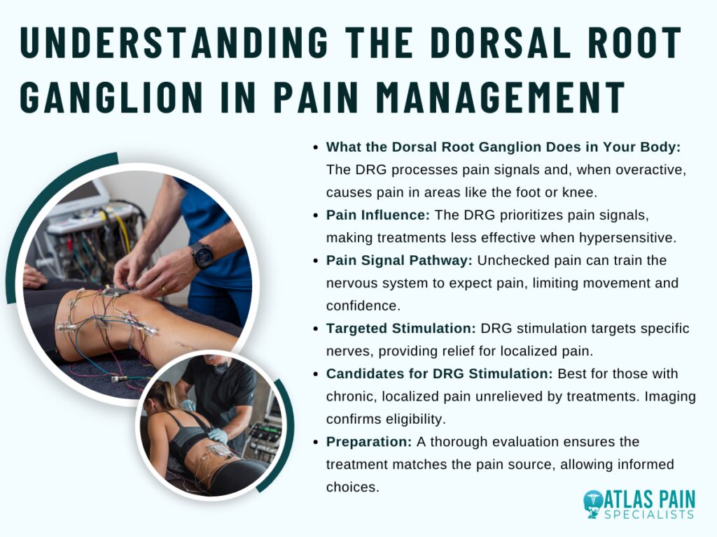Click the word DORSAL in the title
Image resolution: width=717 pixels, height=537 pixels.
pyautogui.click(x=499, y=42)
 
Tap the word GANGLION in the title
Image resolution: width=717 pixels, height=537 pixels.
pyautogui.click(x=111, y=96)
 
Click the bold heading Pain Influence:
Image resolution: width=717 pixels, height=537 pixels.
pyautogui.click(x=377, y=215)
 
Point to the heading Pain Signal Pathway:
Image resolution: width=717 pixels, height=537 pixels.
pyautogui.click(x=399, y=260)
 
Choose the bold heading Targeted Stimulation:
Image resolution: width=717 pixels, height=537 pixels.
pyautogui.click(x=401, y=329)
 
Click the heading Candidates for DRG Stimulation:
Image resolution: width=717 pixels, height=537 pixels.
pyautogui.click(x=440, y=373)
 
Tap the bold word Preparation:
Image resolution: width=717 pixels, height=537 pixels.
pyautogui.click(x=369, y=442)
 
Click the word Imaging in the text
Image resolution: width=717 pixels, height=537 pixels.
pyautogui.click(x=670, y=396)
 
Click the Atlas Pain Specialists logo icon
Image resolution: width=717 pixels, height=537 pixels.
pyautogui.click(x=593, y=505)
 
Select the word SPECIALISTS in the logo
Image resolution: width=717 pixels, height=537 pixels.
pyautogui.click(x=649, y=515)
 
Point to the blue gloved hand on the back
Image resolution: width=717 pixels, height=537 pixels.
pyautogui.click(x=217, y=435)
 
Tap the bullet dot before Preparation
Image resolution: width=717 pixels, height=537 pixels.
pyautogui.click(x=316, y=443)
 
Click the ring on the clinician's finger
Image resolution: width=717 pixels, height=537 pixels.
pyautogui.click(x=163, y=289)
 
